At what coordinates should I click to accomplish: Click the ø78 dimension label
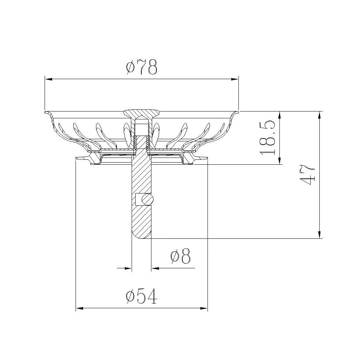[142, 67]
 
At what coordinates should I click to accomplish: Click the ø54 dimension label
[142, 297]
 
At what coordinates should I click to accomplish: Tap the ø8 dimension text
[180, 256]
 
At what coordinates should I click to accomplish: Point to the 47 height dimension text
[308, 175]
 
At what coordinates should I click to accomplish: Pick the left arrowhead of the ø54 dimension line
[79, 308]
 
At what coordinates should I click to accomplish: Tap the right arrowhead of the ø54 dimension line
[205, 308]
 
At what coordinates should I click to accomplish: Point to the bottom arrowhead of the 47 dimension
[320, 234]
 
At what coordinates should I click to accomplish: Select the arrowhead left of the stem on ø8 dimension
[127, 268]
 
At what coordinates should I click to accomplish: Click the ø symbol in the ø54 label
[130, 297]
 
